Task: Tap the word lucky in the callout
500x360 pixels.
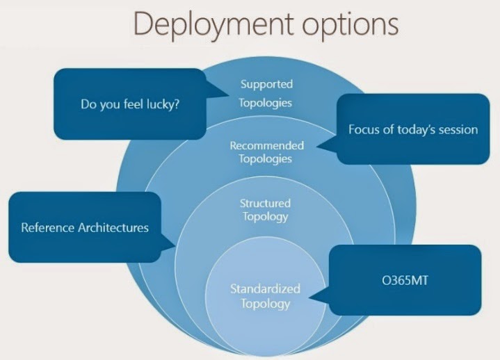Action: [161, 106]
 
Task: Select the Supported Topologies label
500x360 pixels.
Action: [266, 93]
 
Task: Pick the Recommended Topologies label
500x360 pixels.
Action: [266, 152]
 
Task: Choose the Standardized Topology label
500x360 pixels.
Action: [266, 295]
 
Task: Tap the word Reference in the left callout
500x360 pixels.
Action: [47, 227]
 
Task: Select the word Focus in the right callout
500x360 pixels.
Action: [364, 129]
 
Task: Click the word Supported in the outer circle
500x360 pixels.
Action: [266, 84]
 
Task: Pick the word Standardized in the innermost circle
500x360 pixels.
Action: [266, 288]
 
